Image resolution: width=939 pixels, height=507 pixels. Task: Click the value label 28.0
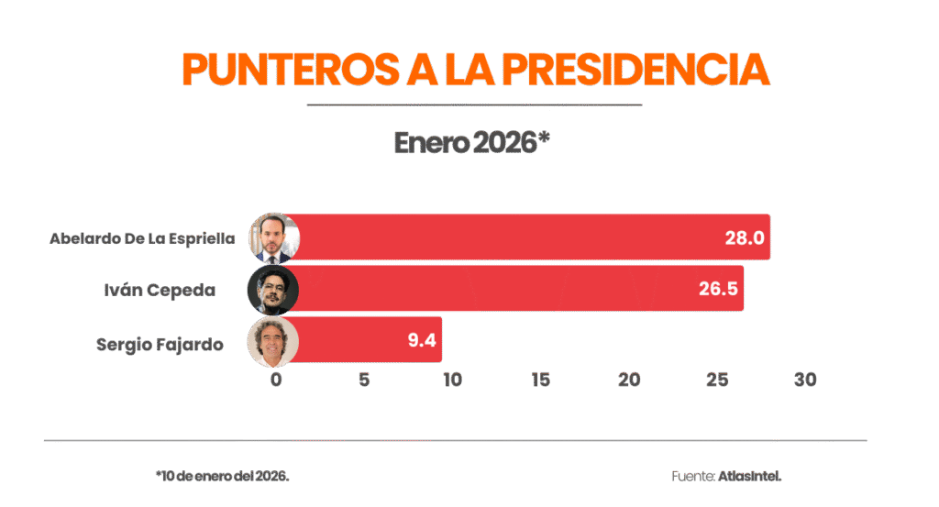coord(744,238)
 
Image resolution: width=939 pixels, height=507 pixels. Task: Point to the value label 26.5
coord(717,291)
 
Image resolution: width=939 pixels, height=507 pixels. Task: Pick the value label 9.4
coord(421,342)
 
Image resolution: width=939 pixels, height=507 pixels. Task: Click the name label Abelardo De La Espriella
coord(142,238)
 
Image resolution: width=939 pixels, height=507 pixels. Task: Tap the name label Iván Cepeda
coord(160,291)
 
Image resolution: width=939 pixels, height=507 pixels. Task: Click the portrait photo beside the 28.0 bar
coord(273,238)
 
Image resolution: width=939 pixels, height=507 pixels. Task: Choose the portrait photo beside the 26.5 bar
coord(273,290)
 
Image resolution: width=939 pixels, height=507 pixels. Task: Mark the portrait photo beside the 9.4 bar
coord(273,341)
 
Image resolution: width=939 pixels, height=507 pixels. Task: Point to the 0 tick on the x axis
coord(276,380)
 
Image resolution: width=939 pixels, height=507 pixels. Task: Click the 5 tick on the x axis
coord(364,380)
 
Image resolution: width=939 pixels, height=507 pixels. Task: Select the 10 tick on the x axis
coord(452,380)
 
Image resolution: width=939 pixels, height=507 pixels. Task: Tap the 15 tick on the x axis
coord(540,380)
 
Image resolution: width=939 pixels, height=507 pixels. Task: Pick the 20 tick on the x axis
coord(629,380)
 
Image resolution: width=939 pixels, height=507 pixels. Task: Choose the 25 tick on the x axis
coord(717,380)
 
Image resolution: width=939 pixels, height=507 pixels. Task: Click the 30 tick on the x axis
coord(805,380)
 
